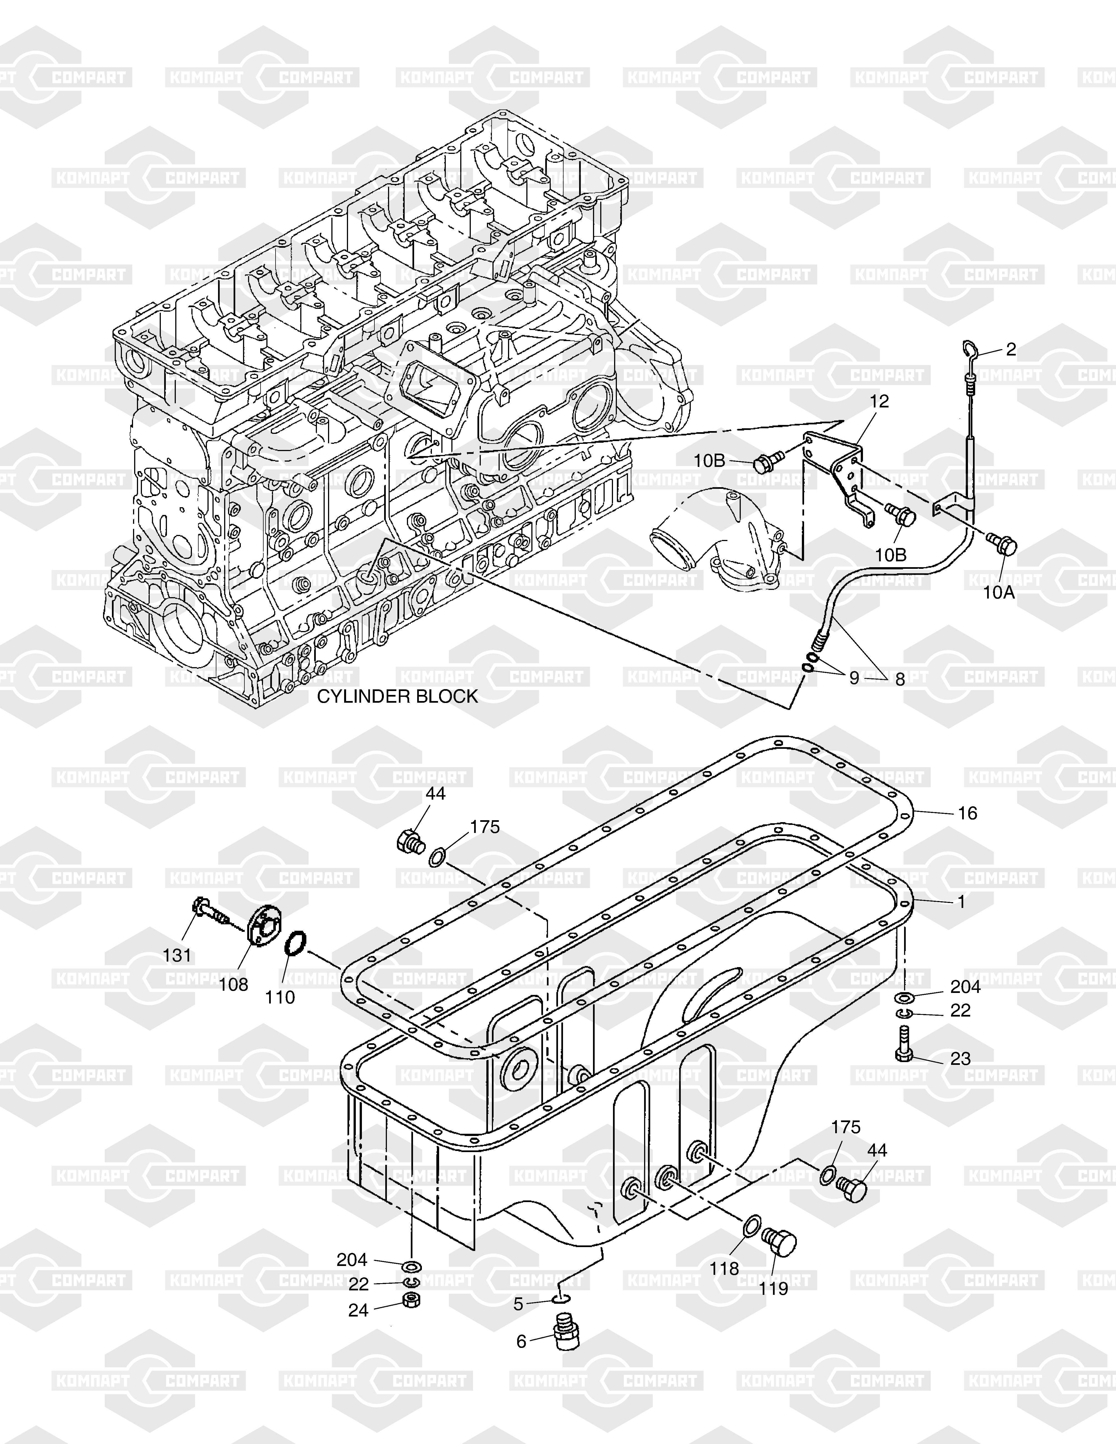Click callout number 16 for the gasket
tap(967, 813)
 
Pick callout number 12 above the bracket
tap(879, 401)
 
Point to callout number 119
tap(774, 1289)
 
